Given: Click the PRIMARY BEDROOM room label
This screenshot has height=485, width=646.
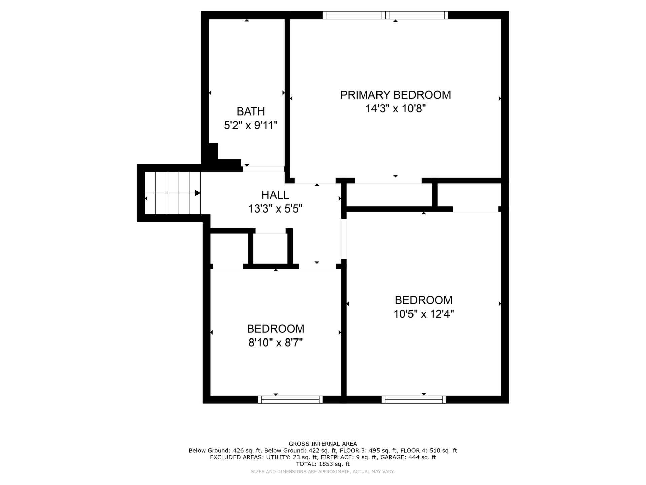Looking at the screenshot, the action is pos(395,95).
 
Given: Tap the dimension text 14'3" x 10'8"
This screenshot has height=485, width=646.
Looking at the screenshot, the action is pos(396,109).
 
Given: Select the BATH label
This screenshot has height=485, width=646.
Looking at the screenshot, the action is pos(251,111).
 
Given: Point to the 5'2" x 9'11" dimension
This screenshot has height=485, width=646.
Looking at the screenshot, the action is pos(251,125).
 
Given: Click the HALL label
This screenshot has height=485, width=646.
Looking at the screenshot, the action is pos(275,195).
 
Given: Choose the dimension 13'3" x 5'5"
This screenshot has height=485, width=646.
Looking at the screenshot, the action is pos(276,209).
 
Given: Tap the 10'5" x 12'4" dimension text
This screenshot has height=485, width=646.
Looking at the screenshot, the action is pos(424,314).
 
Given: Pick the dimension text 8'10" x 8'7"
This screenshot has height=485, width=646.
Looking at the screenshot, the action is pos(276,343).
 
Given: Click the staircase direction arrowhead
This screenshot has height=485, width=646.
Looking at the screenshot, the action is pos(198,193).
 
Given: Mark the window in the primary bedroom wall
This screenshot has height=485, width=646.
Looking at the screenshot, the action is pos(385,15).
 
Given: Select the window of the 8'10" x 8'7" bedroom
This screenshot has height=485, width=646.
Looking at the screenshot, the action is pos(290,400).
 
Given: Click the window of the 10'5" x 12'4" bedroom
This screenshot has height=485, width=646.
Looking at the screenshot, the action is pos(414,400).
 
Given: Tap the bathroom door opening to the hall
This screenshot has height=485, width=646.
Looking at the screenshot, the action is pos(263,169).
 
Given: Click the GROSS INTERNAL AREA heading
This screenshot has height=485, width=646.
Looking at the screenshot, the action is pos(323,444).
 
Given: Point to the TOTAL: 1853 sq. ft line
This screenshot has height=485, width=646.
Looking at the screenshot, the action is pos(323,464).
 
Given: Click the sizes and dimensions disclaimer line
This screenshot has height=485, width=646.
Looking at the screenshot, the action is pos(323,472).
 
